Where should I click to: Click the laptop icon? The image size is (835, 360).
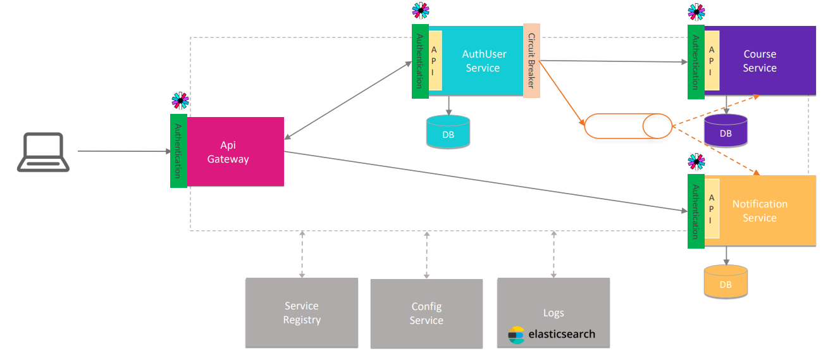[43, 152]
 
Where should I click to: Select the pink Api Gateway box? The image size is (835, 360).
[235, 152]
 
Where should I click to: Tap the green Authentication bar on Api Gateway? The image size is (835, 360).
[178, 151]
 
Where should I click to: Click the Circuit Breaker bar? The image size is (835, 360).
[531, 61]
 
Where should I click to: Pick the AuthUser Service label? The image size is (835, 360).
[483, 61]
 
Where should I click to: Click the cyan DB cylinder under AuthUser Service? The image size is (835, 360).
[448, 132]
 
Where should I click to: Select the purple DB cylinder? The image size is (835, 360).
[726, 130]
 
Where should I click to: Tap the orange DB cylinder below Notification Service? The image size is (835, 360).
[726, 282]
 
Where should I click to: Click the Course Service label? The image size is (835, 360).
[759, 61]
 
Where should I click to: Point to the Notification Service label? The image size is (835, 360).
[759, 211]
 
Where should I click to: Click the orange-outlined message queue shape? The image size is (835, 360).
[627, 126]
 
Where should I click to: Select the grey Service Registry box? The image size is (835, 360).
[302, 313]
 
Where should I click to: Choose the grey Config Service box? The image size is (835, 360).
[426, 313]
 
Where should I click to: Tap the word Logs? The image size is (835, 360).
[554, 313]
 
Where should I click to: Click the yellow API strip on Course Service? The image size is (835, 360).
[712, 60]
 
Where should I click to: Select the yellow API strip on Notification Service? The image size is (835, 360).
[712, 208]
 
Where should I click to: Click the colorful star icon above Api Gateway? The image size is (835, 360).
[180, 101]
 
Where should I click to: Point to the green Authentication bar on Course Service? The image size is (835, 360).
[696, 61]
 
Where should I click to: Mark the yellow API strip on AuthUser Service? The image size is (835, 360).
[435, 61]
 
